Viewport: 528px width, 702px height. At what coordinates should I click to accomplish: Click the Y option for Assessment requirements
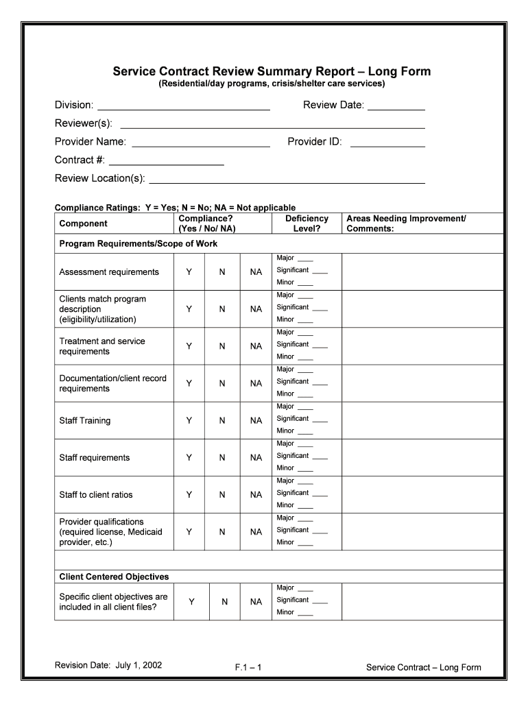[x=189, y=272]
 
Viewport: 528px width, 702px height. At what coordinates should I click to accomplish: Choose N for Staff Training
[x=222, y=420]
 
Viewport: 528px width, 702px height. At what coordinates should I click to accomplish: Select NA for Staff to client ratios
[x=256, y=494]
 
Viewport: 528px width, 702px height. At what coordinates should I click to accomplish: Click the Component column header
[x=83, y=223]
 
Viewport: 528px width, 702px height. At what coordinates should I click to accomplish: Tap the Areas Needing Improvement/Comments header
[x=406, y=223]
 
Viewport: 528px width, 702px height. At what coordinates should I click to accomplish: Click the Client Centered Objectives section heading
[x=114, y=577]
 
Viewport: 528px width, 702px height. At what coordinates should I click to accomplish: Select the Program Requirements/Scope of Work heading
[x=139, y=244]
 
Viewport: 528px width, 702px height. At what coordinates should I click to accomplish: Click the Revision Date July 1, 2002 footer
[x=108, y=665]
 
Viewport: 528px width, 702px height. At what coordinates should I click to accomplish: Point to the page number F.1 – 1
[x=248, y=667]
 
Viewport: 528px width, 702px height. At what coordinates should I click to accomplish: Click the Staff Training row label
[x=85, y=420]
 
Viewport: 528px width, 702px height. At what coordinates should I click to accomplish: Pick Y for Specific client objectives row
[x=191, y=601]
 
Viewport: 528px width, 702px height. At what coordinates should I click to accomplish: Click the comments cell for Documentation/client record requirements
[x=422, y=383]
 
